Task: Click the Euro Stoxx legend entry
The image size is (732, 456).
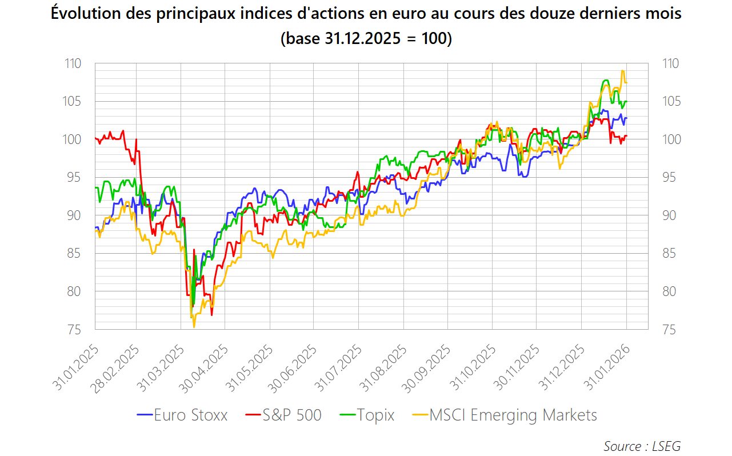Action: click(182, 415)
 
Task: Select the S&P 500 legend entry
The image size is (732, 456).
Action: click(283, 415)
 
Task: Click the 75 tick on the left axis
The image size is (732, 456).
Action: click(74, 330)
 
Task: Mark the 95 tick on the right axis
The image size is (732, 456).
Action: click(669, 178)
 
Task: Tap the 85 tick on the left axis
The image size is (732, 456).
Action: click(74, 254)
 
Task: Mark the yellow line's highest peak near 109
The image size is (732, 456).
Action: click(622, 71)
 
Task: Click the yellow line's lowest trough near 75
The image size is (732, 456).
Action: click(194, 327)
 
